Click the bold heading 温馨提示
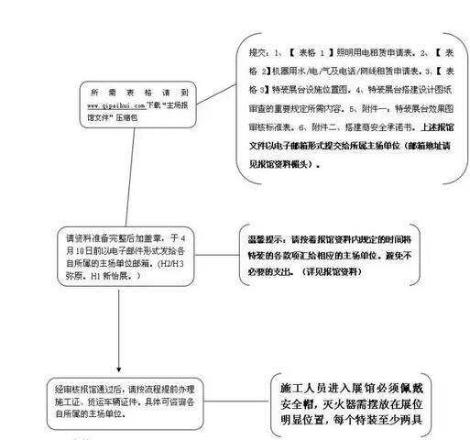(266, 236)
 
